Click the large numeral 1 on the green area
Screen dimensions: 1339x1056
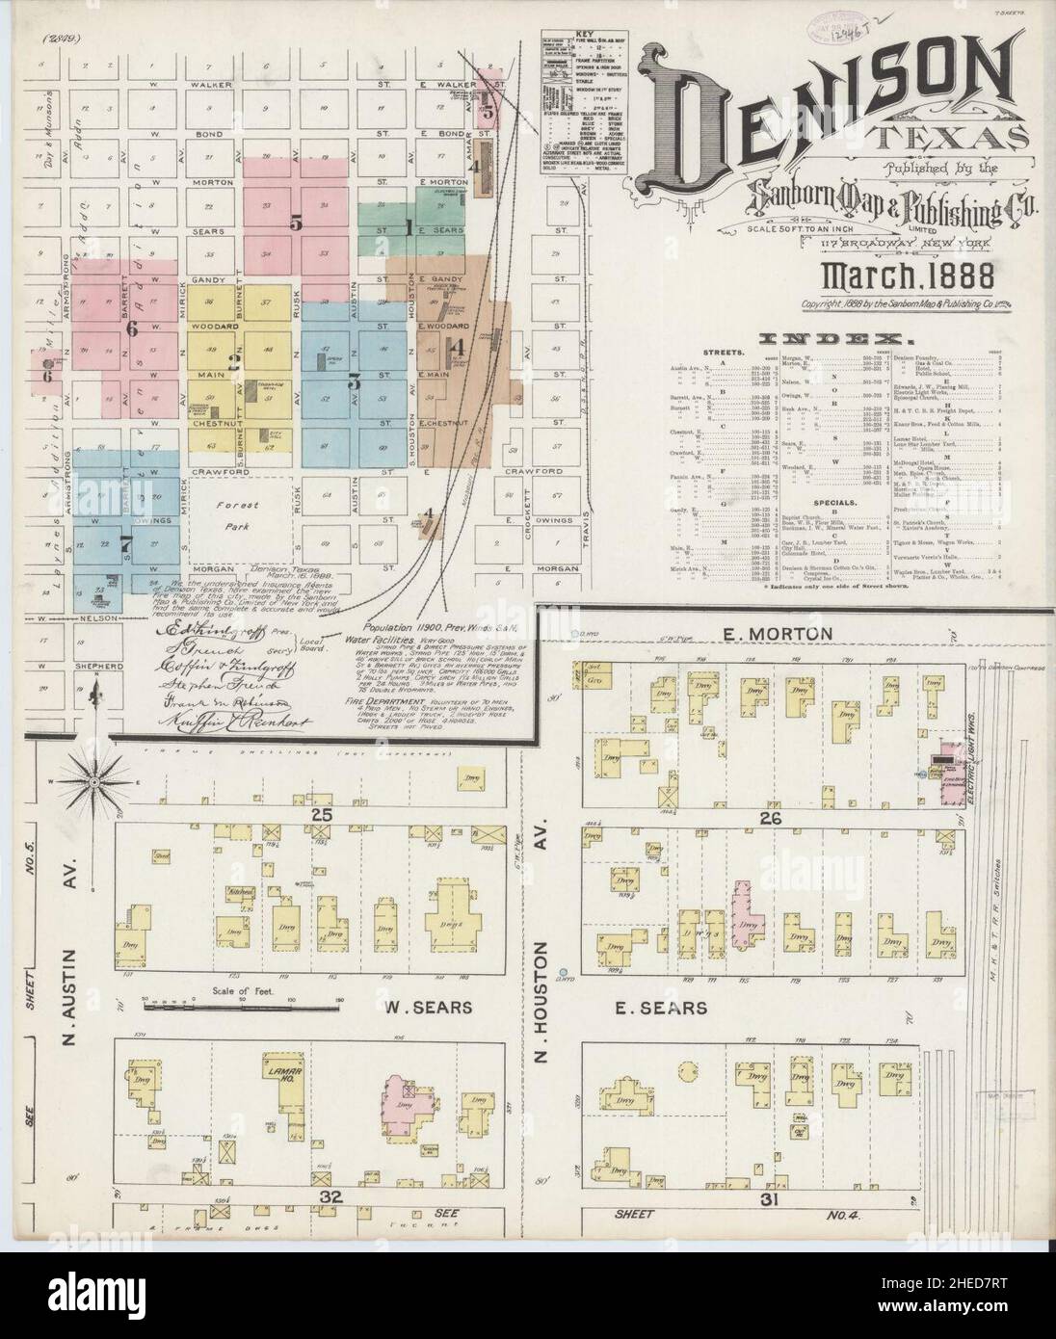point(409,228)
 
